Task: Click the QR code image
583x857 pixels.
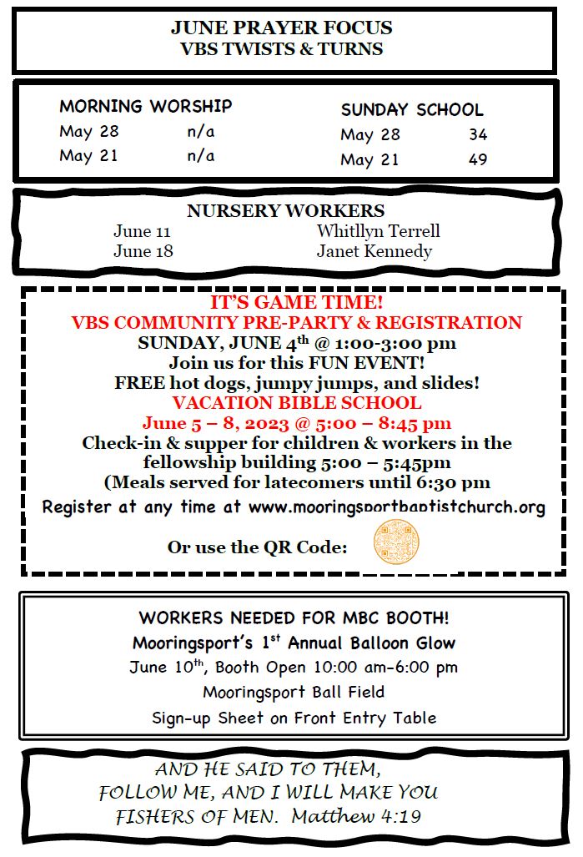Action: tap(395, 542)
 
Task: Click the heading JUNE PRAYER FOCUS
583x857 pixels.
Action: tap(281, 28)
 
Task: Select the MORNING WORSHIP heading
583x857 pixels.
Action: tap(145, 106)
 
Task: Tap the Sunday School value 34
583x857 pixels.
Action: tap(477, 134)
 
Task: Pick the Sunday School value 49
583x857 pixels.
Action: tap(477, 159)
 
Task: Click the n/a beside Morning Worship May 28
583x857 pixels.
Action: tap(200, 131)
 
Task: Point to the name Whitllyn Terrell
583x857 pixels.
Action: tap(378, 230)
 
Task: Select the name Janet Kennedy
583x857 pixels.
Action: tap(374, 250)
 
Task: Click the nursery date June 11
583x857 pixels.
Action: tap(142, 230)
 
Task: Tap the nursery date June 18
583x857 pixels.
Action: tap(143, 250)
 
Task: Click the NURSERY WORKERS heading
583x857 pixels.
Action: tap(285, 210)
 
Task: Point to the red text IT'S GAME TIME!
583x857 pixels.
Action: tap(297, 303)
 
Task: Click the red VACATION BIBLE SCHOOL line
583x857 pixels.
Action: tap(296, 403)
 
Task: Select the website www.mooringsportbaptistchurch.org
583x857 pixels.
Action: tap(397, 507)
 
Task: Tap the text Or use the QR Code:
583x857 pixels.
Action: tap(257, 547)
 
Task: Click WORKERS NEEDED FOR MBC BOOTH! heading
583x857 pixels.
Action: tap(294, 618)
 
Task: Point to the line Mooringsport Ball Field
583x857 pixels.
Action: tap(294, 692)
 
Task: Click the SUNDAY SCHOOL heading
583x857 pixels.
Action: tap(412, 109)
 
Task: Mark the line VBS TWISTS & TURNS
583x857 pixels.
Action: tap(281, 48)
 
